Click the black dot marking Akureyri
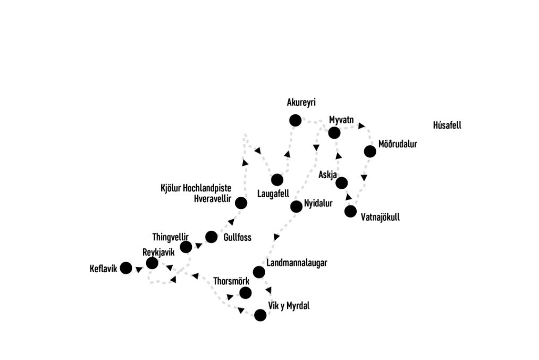pyautogui.click(x=294, y=120)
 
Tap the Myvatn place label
pyautogui.click(x=342, y=120)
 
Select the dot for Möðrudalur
pyautogui.click(x=370, y=152)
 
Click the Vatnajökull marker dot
pyautogui.click(x=350, y=212)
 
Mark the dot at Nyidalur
pyautogui.click(x=296, y=207)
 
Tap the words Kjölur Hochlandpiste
pyautogui.click(x=204, y=188)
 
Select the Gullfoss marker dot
pyautogui.click(x=212, y=237)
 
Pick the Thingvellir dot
pyautogui.click(x=186, y=247)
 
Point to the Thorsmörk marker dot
pyautogui.click(x=246, y=292)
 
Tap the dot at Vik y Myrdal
pyautogui.click(x=260, y=314)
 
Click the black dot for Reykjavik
pyautogui.click(x=152, y=263)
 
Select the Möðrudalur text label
pyautogui.click(x=399, y=144)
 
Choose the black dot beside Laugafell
pyautogui.click(x=277, y=179)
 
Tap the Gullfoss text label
pyautogui.click(x=237, y=238)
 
